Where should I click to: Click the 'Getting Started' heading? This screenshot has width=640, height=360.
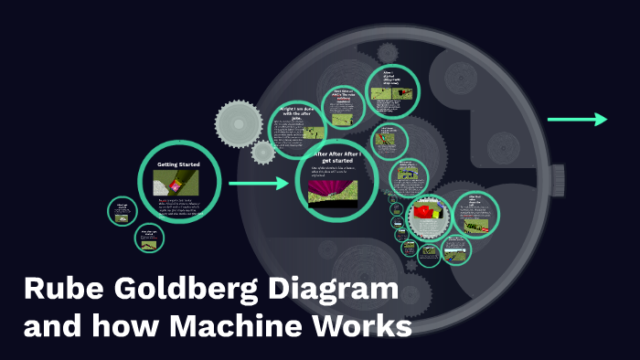178,164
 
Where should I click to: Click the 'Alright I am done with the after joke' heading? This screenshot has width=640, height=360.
298,113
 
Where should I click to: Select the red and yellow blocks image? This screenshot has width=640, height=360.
431,217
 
